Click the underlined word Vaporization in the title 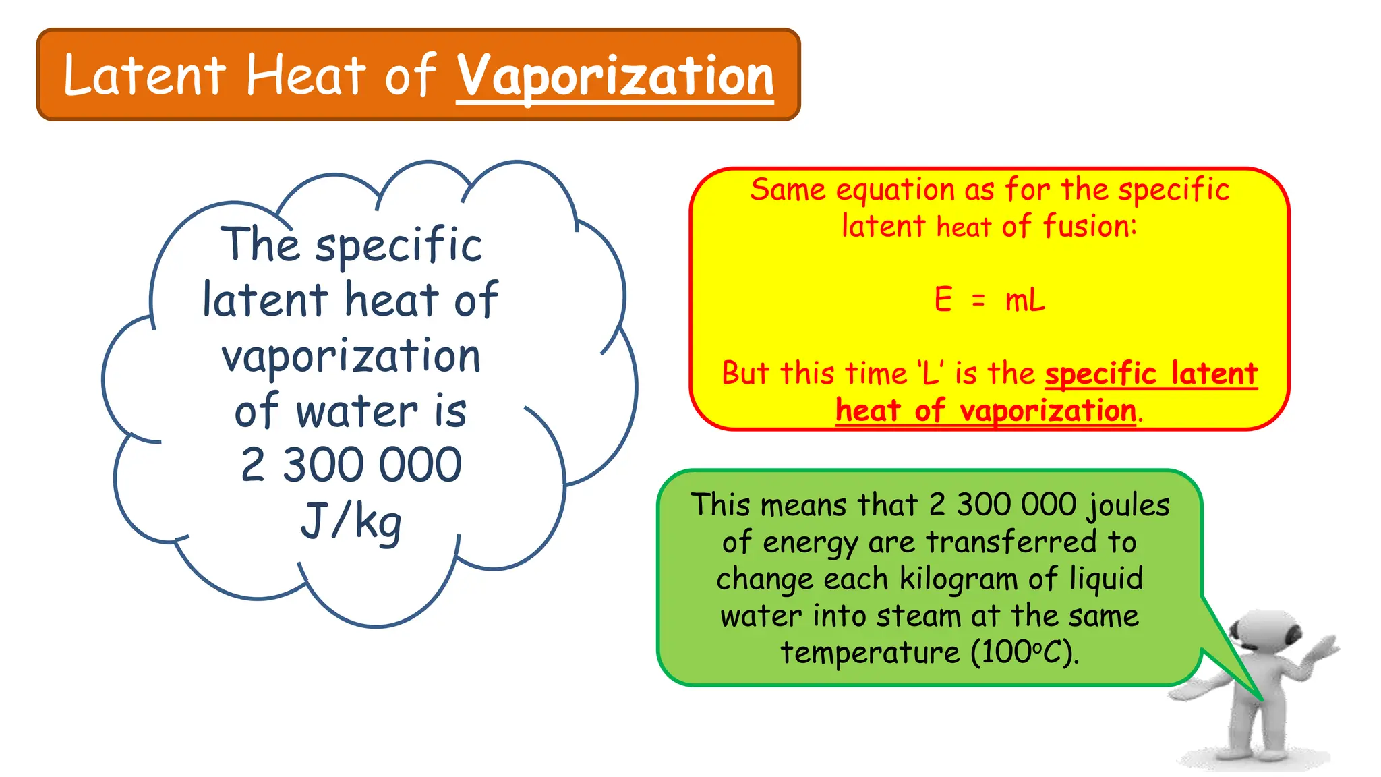pyautogui.click(x=615, y=76)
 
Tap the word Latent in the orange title pyautogui.click(x=144, y=75)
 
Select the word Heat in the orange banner pyautogui.click(x=305, y=75)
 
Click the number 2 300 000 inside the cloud pyautogui.click(x=351, y=465)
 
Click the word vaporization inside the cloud pyautogui.click(x=351, y=356)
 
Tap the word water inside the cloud pyautogui.click(x=357, y=411)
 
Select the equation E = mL pyautogui.click(x=989, y=299)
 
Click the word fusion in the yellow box pyautogui.click(x=1090, y=226)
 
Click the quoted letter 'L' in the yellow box pyautogui.click(x=931, y=373)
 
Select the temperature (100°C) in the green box pyautogui.click(x=1025, y=652)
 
